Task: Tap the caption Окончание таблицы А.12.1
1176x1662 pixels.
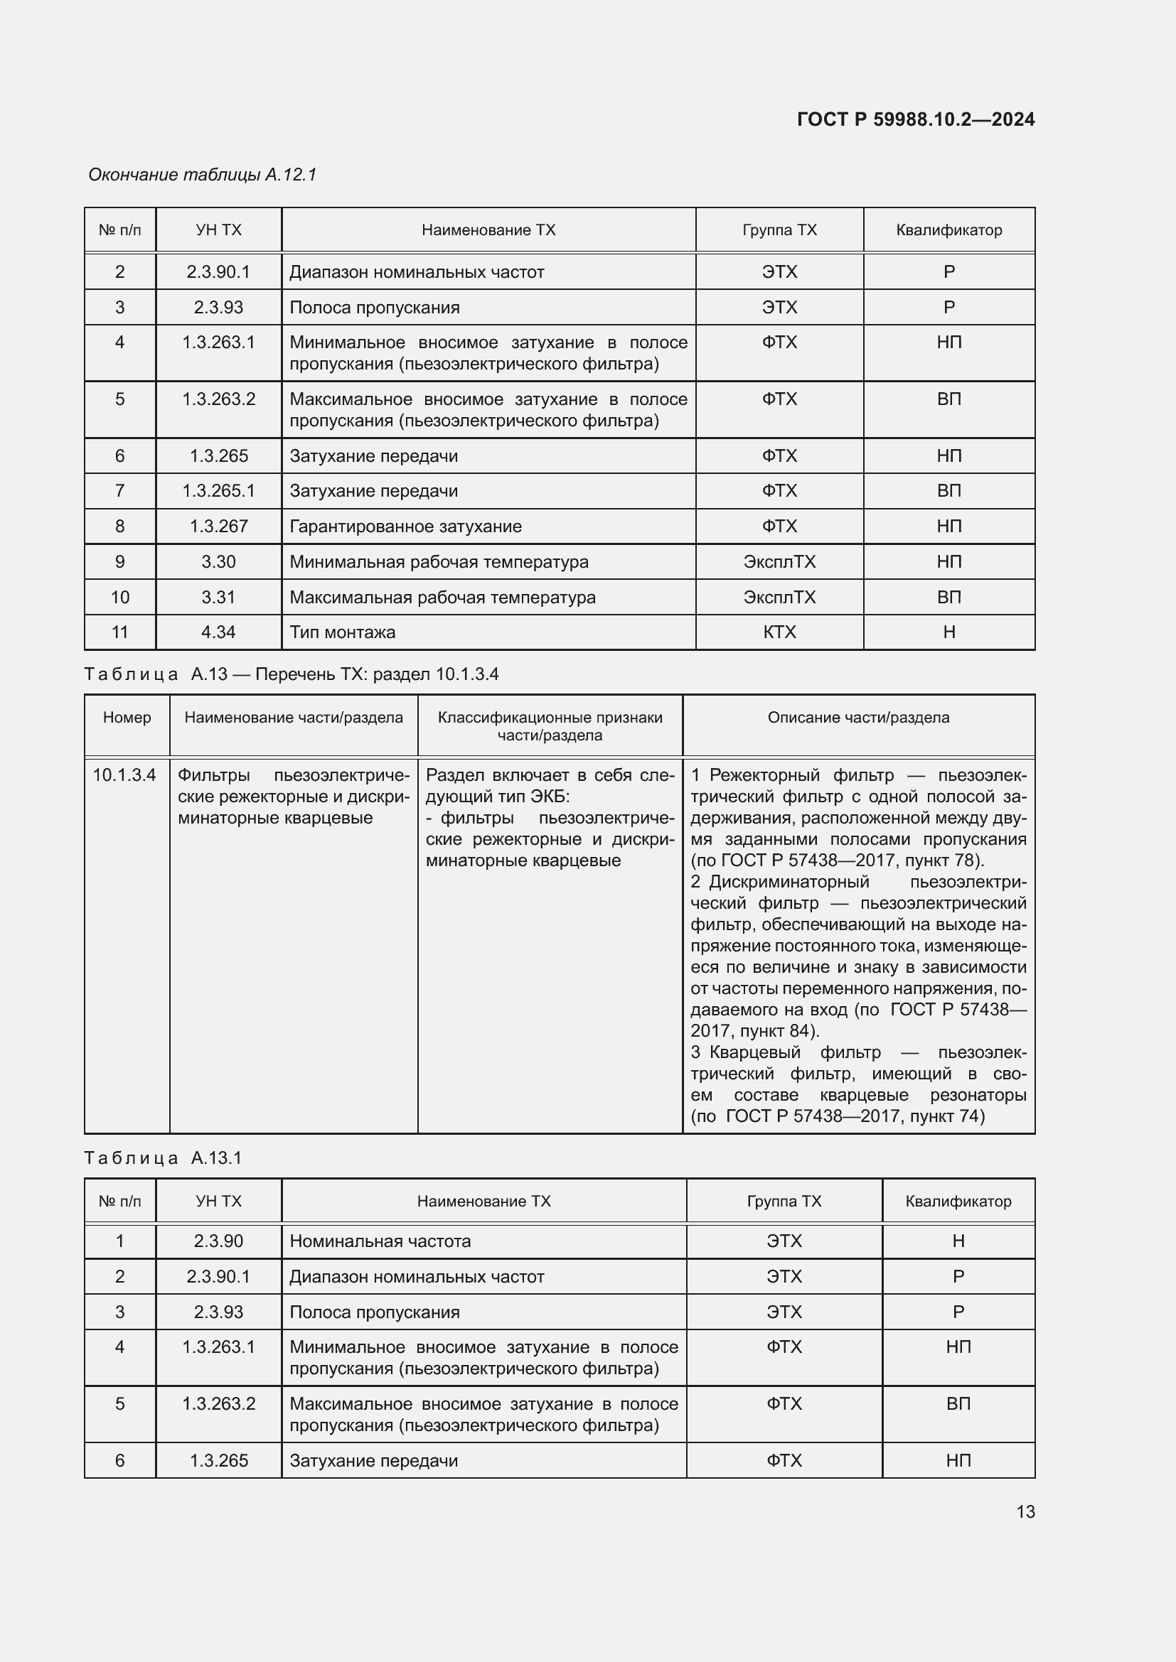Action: coord(202,175)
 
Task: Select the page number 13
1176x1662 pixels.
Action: coord(1025,1511)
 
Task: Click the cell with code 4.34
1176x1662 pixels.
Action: coord(218,632)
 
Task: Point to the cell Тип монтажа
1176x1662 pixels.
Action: coord(343,632)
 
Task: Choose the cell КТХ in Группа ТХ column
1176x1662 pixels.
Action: coord(779,632)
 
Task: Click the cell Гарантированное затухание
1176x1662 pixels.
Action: coord(405,527)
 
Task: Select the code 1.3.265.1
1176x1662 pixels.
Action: coord(218,491)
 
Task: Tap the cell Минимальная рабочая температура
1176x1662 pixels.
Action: coord(439,562)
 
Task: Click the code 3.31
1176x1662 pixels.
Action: coord(218,597)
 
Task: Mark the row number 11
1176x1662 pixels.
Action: coord(119,632)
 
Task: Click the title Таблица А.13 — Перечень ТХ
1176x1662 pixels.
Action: coord(291,674)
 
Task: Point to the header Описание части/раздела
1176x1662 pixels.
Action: coord(858,718)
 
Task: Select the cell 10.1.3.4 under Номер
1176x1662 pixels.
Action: coord(124,775)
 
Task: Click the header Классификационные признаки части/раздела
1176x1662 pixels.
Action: coord(550,726)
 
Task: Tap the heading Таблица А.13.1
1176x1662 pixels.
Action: coord(163,1158)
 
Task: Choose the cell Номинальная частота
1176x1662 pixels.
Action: coord(380,1241)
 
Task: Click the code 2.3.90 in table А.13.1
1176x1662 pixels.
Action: coord(218,1241)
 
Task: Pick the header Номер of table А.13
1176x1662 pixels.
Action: coord(127,718)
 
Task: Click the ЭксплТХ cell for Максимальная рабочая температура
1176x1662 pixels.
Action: coord(779,597)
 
